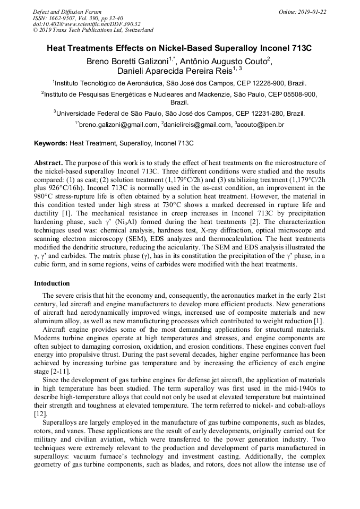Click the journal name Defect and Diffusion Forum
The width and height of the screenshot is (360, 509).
click(x=67, y=12)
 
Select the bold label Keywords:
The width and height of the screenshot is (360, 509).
click(x=50, y=143)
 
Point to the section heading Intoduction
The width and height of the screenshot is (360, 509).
click(x=52, y=283)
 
